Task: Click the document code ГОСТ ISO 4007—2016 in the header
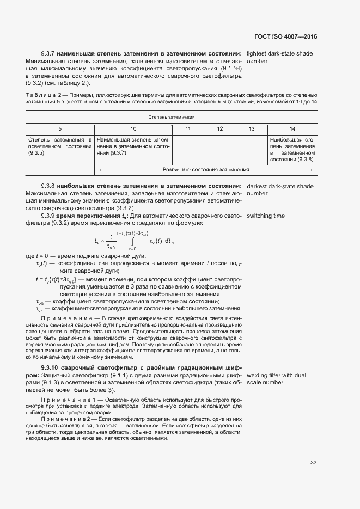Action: point(285,37)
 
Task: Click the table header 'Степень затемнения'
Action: point(172,117)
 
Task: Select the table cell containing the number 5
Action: point(60,129)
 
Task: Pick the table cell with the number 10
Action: point(133,129)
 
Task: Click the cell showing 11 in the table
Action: point(188,129)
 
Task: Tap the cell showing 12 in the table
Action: point(219,129)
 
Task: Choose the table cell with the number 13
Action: point(252,129)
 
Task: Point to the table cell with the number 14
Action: point(292,129)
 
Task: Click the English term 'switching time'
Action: point(266,216)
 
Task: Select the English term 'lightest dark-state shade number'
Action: point(280,58)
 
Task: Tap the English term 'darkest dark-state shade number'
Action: point(280,190)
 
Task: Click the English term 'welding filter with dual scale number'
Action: point(276,379)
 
